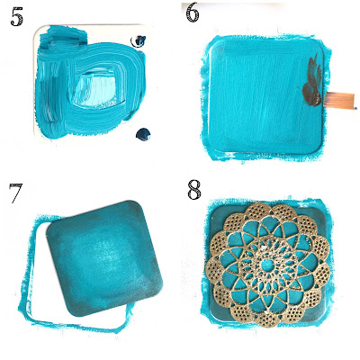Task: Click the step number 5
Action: [x=16, y=17]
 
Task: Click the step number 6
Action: [x=193, y=13]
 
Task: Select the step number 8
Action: [x=193, y=190]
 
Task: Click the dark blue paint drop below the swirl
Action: [x=143, y=134]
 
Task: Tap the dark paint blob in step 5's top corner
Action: [x=139, y=41]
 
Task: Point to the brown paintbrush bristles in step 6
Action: [x=340, y=98]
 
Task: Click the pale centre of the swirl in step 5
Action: [x=97, y=87]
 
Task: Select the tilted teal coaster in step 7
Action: [x=104, y=258]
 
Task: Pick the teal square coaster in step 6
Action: [x=266, y=96]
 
